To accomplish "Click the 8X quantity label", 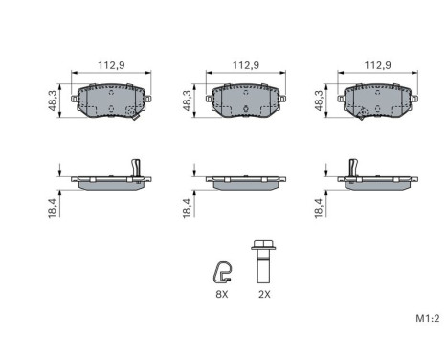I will pyautogui.click(x=221, y=296).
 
